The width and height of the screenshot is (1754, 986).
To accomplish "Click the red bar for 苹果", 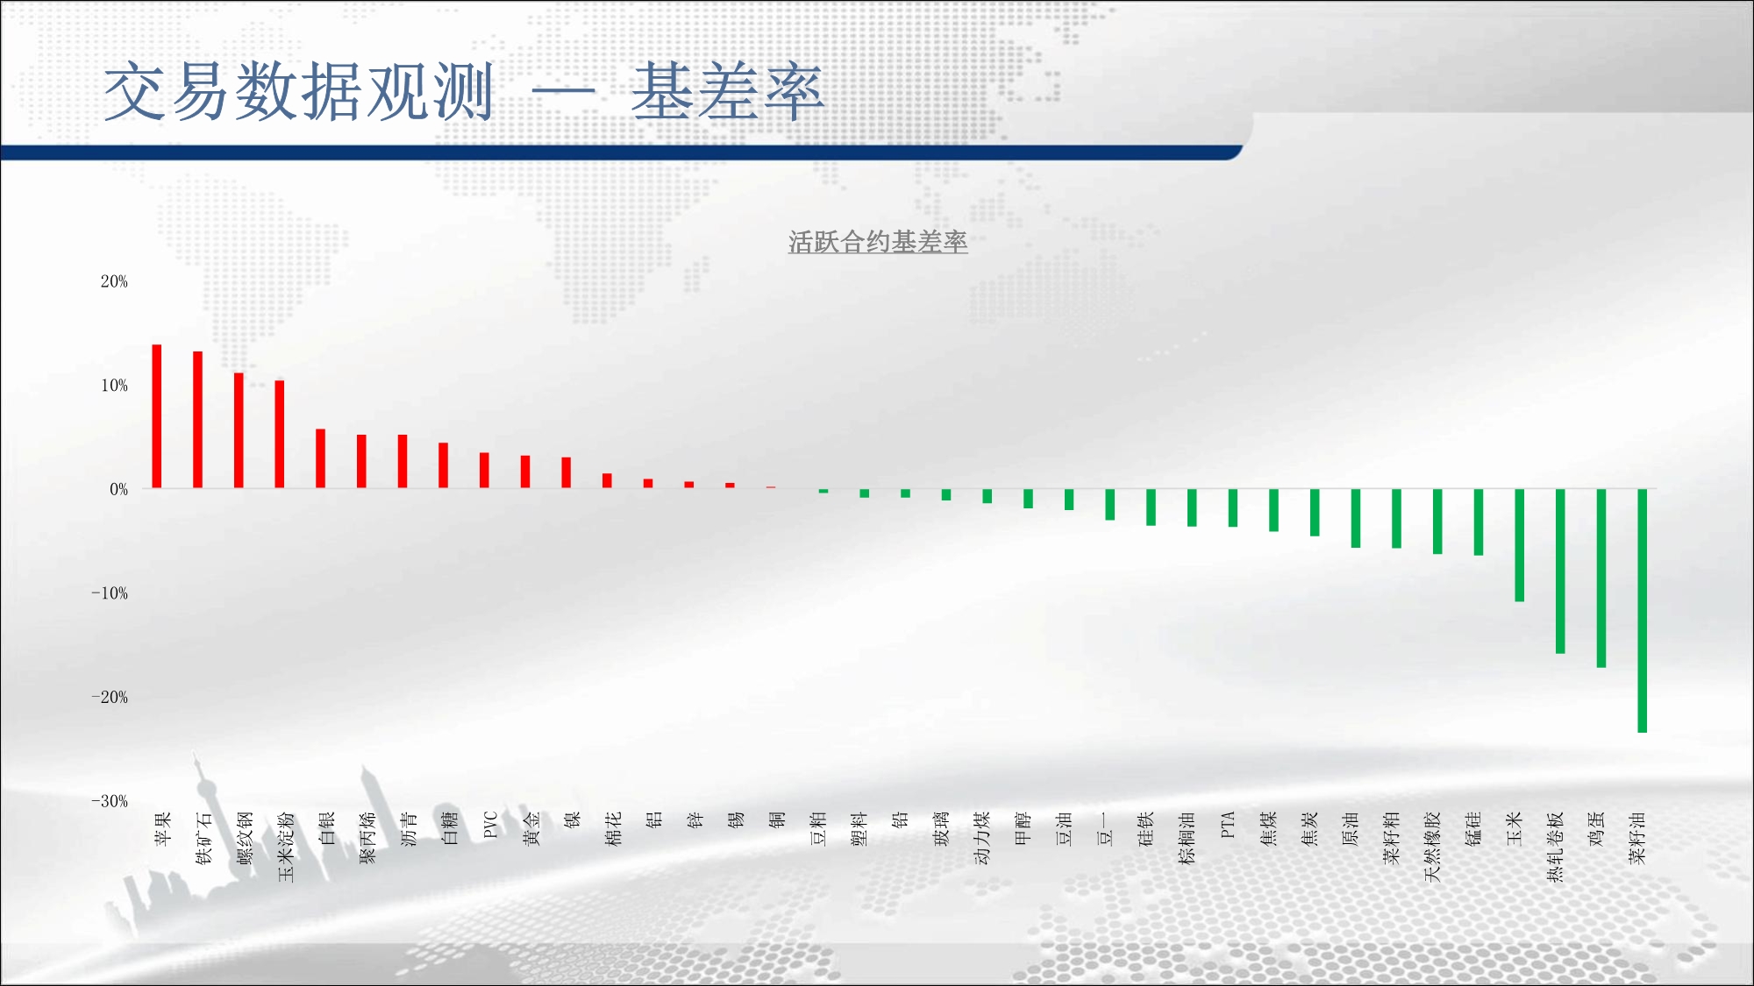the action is click(157, 416).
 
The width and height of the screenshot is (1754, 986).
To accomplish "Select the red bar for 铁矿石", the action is click(198, 420).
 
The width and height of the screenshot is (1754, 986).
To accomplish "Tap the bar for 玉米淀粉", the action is click(280, 434).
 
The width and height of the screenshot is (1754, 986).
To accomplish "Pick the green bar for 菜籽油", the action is click(1643, 611).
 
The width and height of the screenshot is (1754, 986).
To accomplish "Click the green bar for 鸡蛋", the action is click(1601, 578).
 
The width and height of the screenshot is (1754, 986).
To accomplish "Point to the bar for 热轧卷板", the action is click(1560, 571).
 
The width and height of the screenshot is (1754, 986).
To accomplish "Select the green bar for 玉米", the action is click(1520, 545).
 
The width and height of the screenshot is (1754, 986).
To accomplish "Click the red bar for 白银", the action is click(321, 458).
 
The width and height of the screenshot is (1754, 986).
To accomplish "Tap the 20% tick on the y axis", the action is click(114, 281).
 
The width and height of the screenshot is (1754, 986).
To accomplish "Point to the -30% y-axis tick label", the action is click(110, 801).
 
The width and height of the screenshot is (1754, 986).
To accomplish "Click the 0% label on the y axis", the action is click(119, 489).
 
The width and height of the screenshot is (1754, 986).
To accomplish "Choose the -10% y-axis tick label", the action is click(110, 593).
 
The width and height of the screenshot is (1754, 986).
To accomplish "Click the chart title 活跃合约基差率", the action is click(878, 242).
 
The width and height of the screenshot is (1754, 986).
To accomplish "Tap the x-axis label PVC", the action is click(490, 825).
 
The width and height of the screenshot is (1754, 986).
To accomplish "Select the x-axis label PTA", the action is click(1228, 825).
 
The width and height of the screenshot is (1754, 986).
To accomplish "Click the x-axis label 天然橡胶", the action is click(1433, 847).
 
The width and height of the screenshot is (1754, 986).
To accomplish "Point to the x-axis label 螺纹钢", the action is click(245, 838).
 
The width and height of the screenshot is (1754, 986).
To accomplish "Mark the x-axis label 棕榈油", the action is click(1187, 838).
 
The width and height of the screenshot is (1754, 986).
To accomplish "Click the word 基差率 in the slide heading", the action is click(728, 92).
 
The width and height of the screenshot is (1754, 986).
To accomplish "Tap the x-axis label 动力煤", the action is click(982, 838).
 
